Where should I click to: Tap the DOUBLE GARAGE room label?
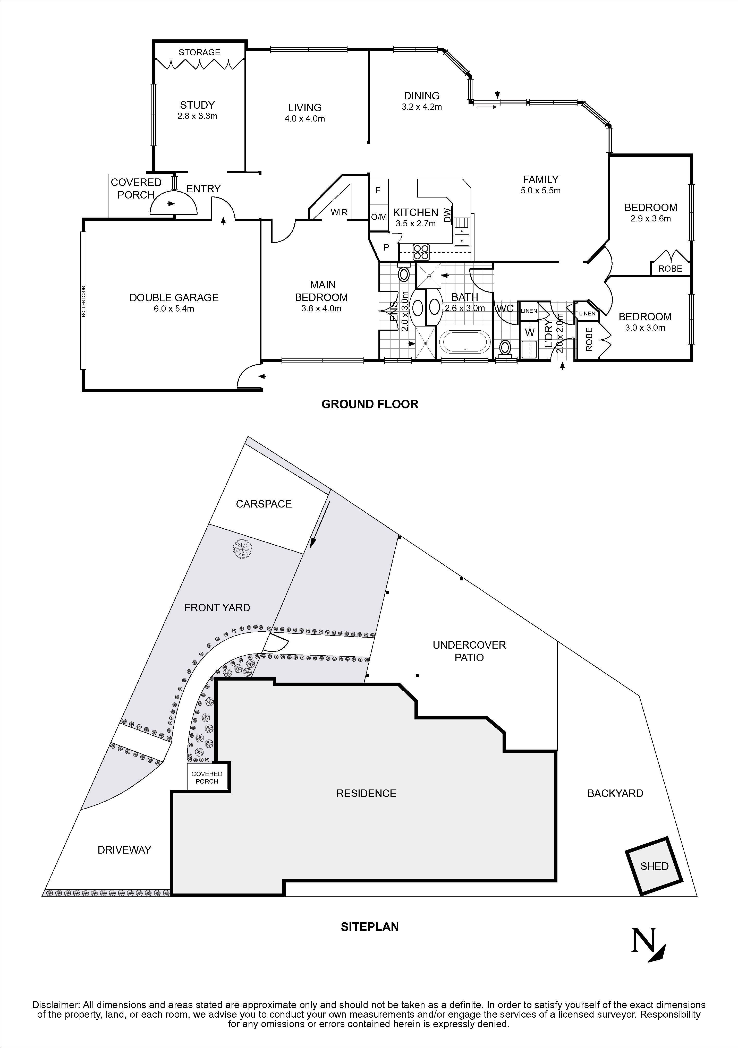point(174,298)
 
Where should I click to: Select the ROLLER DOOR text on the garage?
point(83,301)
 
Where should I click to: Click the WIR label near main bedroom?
point(339,212)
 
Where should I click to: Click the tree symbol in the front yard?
point(242,547)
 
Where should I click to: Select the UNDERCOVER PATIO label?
point(469,651)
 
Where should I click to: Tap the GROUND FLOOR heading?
point(370,404)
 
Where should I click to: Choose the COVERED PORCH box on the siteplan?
point(207,777)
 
